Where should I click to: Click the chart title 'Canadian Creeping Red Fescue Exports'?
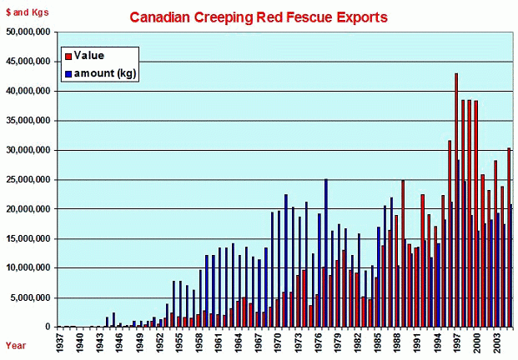[x=258, y=17]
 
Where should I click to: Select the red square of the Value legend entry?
[x=68, y=57]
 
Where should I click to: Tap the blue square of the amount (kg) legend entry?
[x=68, y=73]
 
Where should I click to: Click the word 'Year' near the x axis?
[x=16, y=344]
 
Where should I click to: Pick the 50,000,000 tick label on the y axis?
[x=28, y=32]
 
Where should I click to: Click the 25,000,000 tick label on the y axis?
[x=28, y=180]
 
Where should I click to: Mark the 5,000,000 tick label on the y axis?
[x=30, y=298]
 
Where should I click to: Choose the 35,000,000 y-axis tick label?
[x=28, y=121]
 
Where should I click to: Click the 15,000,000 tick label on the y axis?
[x=28, y=239]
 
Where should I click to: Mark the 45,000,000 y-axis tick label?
[x=28, y=62]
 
